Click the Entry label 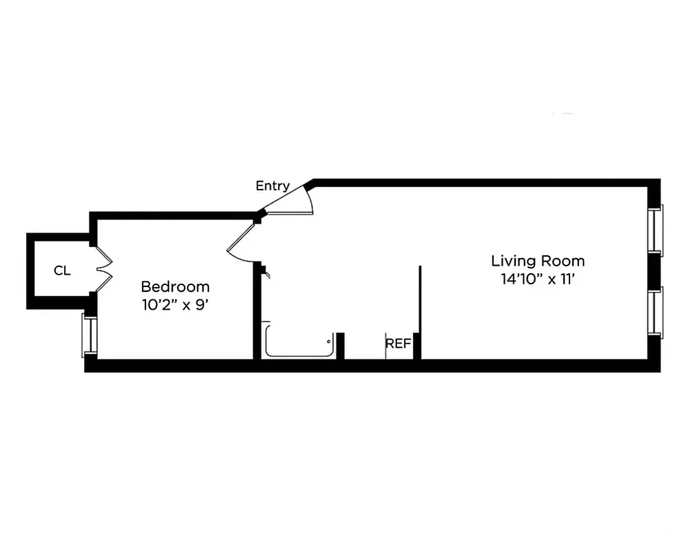(272, 186)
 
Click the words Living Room (538, 261)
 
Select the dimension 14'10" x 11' (538, 279)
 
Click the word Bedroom (175, 286)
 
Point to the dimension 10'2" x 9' (175, 304)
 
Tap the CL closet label (62, 271)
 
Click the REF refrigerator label (398, 343)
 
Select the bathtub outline (299, 343)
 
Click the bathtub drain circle (330, 340)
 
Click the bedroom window (89, 335)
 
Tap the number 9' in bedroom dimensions (202, 304)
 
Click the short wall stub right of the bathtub (340, 346)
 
